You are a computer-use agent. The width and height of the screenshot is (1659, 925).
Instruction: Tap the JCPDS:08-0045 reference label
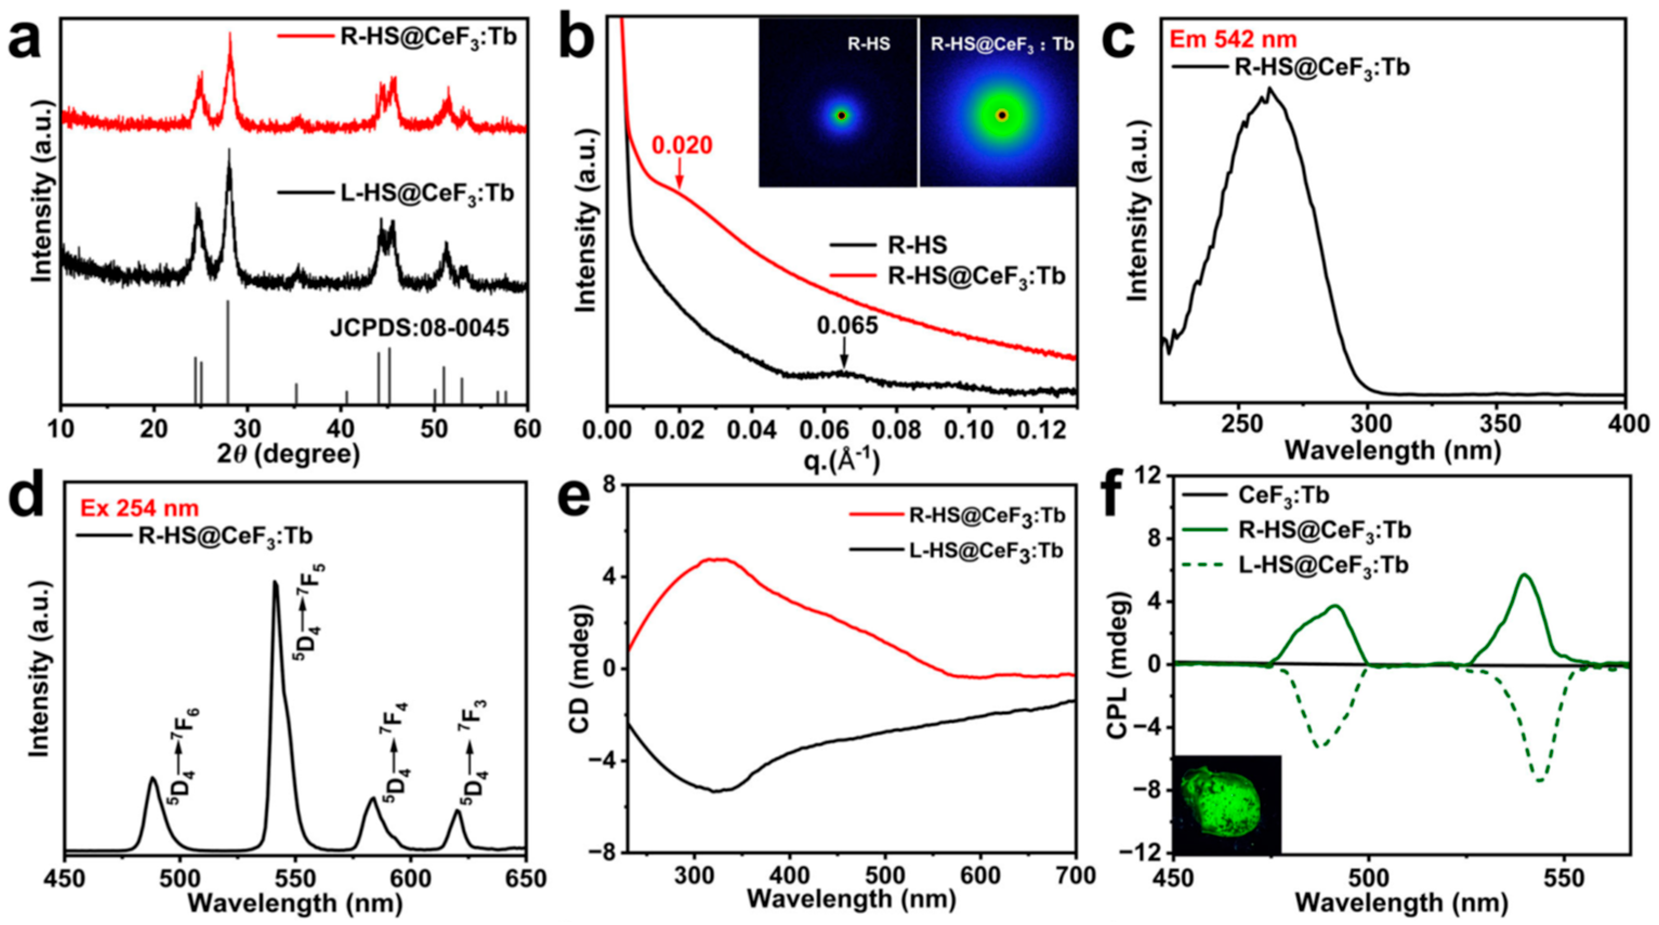pos(420,329)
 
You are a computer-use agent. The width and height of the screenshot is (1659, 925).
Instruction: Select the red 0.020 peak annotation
pos(682,146)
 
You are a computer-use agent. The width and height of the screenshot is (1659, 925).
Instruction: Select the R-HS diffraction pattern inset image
pos(838,103)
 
